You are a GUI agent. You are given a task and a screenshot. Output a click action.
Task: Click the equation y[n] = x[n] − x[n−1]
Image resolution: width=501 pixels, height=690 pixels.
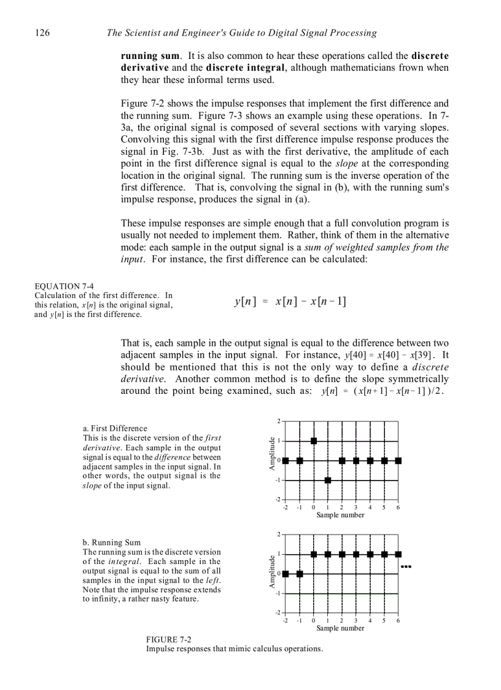click(x=290, y=301)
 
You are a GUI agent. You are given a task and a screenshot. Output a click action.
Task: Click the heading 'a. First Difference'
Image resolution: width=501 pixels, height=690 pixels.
click(x=115, y=428)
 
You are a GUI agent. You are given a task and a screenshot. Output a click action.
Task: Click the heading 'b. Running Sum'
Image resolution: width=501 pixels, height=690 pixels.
click(x=111, y=543)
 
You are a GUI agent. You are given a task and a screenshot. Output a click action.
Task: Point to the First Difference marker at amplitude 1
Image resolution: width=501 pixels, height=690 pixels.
click(x=314, y=441)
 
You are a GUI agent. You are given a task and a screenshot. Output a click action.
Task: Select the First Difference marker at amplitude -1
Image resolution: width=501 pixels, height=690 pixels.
click(x=328, y=480)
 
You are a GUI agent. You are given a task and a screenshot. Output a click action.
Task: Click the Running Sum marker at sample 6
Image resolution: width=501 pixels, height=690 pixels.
click(x=398, y=554)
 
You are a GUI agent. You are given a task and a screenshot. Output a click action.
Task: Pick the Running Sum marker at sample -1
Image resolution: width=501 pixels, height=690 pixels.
click(x=300, y=574)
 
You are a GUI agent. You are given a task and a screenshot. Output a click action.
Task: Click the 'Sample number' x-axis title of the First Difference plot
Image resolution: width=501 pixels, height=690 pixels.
click(x=340, y=515)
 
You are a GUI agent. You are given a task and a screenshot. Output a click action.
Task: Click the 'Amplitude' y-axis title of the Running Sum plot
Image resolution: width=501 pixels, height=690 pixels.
click(x=271, y=573)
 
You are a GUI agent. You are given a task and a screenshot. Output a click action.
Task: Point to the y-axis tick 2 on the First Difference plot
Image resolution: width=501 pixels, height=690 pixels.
click(x=278, y=421)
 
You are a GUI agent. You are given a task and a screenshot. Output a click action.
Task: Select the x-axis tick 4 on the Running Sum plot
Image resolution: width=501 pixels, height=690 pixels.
click(x=370, y=621)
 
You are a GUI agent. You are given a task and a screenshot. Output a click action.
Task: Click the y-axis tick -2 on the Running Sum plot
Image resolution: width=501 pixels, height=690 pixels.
click(x=277, y=613)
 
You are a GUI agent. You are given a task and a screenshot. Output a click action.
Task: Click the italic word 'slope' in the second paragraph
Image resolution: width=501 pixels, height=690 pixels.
click(x=346, y=163)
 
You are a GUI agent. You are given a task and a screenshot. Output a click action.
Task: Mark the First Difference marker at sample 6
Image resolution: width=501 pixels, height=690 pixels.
click(x=398, y=461)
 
